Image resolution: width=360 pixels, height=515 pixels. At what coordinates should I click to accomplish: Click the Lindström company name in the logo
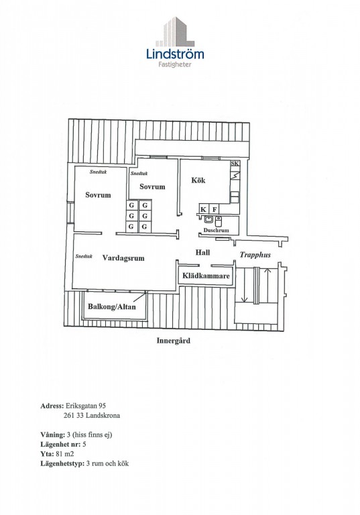[175, 54]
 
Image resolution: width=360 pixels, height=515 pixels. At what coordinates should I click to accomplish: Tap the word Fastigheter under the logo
[175, 64]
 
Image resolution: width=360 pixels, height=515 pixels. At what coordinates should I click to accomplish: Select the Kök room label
[198, 180]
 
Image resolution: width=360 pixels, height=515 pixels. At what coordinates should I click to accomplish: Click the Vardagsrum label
[123, 257]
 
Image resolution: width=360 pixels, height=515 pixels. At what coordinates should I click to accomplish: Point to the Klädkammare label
[206, 276]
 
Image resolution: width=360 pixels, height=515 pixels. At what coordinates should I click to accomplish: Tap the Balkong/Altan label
[112, 306]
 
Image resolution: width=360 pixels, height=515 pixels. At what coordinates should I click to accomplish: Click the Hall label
[202, 252]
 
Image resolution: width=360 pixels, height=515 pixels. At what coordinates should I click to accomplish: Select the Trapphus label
[255, 255]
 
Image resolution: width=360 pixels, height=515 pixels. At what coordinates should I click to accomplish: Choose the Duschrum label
[216, 230]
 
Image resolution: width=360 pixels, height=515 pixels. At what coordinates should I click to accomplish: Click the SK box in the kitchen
[235, 163]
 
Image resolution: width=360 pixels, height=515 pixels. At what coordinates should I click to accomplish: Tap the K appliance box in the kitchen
[203, 209]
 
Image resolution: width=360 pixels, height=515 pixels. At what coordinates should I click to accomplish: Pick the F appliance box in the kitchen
[215, 209]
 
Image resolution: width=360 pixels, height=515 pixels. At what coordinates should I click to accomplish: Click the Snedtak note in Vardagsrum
[84, 256]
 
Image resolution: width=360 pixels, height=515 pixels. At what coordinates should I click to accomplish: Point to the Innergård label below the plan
[173, 341]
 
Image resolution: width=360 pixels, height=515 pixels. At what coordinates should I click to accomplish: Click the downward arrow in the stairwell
[244, 285]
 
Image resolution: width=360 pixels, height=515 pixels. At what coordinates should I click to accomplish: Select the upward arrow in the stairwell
[267, 285]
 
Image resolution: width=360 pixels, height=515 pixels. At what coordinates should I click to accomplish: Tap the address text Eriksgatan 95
[86, 406]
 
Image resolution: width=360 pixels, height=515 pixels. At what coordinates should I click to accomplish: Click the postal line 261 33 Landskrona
[92, 416]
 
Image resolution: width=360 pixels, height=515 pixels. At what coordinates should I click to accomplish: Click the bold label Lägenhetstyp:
[62, 464]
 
